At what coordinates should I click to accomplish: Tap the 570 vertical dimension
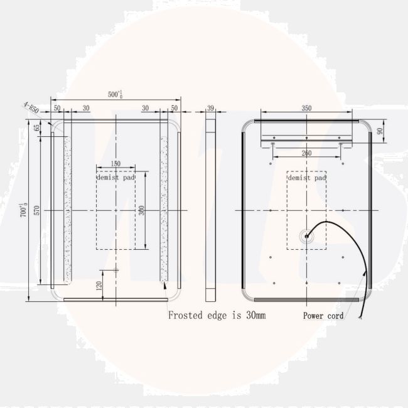(37, 210)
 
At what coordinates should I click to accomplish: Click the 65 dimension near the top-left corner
(37, 128)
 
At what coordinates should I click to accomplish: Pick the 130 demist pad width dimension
(115, 164)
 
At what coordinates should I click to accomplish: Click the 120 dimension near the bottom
(99, 285)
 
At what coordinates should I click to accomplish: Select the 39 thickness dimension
(211, 109)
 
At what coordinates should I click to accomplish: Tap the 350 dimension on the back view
(306, 109)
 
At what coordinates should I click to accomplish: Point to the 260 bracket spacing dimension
(306, 153)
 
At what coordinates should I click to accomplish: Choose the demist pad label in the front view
(115, 178)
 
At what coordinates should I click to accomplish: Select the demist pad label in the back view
(306, 178)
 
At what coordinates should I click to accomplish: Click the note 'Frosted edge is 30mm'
(217, 315)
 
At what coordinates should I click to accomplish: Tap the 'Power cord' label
(323, 316)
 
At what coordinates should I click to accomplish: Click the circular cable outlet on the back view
(306, 237)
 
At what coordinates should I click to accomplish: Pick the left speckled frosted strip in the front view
(68, 210)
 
